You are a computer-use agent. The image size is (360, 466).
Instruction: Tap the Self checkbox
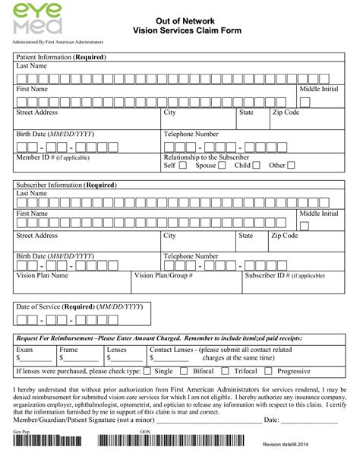click(x=183, y=165)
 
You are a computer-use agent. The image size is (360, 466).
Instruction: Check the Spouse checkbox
click(x=224, y=165)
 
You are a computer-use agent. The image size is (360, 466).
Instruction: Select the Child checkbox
click(x=256, y=165)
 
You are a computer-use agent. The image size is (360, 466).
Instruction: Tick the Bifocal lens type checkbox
click(x=184, y=371)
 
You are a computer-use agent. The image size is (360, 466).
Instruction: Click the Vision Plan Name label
click(x=42, y=276)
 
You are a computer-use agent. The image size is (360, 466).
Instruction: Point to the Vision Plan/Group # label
click(x=163, y=276)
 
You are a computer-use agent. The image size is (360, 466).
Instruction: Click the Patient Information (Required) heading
click(x=62, y=57)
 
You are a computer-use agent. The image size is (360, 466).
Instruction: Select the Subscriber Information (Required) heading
click(x=65, y=184)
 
